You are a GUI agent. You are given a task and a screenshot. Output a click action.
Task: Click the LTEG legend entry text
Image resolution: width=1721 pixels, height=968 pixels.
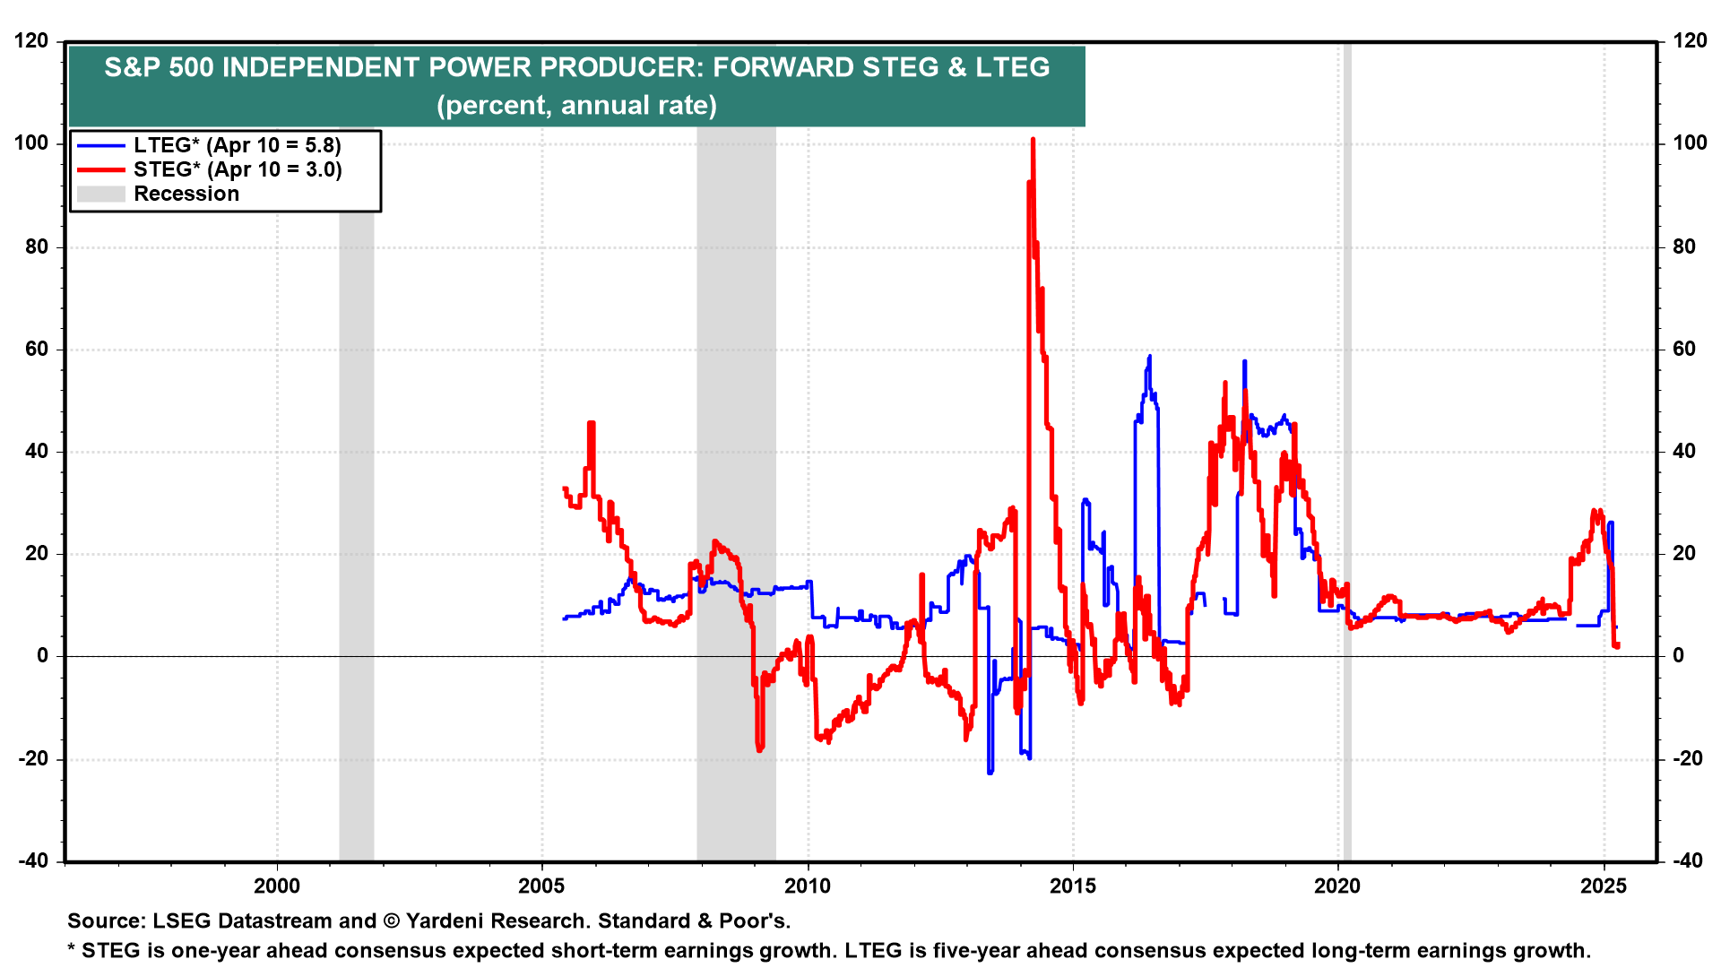click(237, 145)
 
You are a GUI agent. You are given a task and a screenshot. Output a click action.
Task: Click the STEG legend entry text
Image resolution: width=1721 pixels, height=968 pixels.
click(237, 169)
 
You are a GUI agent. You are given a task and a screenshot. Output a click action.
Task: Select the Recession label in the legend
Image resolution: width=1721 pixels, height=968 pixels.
click(186, 194)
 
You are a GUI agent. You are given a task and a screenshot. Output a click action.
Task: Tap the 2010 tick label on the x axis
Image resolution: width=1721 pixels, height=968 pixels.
click(807, 886)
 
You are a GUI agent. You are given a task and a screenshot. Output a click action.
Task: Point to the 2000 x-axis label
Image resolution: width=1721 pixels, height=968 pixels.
click(277, 886)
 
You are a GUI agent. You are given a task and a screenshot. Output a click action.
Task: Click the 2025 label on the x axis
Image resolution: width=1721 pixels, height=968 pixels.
click(1603, 886)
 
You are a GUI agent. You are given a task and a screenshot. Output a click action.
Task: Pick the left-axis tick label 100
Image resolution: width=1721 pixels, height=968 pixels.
click(31, 143)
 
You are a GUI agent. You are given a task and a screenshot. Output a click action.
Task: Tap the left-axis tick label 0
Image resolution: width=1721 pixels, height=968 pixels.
click(43, 656)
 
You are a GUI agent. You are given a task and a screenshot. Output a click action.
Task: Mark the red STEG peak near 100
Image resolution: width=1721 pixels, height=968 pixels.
click(1033, 141)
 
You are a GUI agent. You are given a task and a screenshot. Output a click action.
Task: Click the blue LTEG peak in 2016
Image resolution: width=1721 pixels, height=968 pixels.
click(1149, 357)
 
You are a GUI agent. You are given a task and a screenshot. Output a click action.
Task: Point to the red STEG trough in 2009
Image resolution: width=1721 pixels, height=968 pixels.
click(759, 748)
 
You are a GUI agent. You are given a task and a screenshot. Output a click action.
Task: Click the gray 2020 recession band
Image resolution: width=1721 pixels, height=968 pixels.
click(1346, 448)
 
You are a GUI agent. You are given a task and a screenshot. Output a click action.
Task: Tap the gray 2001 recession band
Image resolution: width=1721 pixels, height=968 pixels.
click(356, 538)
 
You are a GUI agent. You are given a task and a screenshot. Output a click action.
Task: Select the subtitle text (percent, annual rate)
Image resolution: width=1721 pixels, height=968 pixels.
click(576, 106)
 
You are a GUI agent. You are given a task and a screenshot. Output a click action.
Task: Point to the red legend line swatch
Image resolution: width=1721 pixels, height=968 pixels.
click(100, 169)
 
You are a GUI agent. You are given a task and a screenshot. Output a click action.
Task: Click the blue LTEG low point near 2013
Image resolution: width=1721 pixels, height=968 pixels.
click(990, 772)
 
